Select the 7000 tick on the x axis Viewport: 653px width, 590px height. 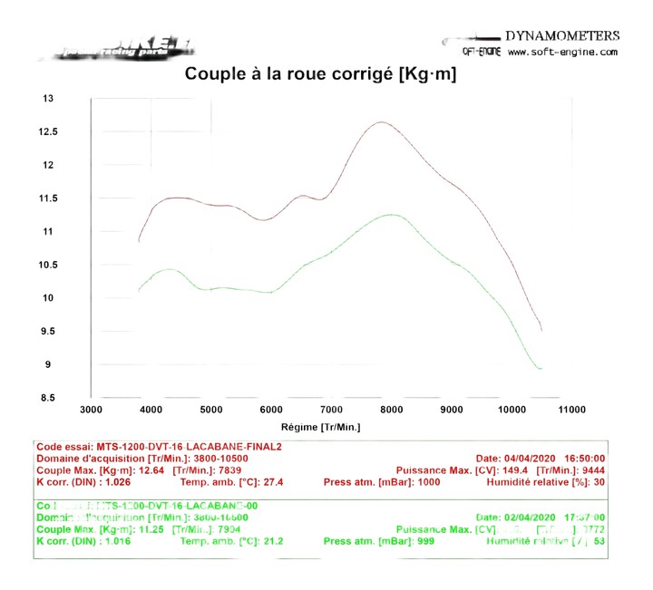click(332, 410)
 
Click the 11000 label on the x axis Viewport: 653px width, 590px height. click(571, 410)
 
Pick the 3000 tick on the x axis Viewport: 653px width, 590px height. click(92, 410)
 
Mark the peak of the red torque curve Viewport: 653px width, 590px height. click(381, 122)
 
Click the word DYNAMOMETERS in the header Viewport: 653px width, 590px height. click(562, 36)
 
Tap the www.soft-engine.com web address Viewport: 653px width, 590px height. click(562, 53)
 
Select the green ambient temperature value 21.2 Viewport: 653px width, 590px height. click(269, 541)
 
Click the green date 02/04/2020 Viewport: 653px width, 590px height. click(528, 517)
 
